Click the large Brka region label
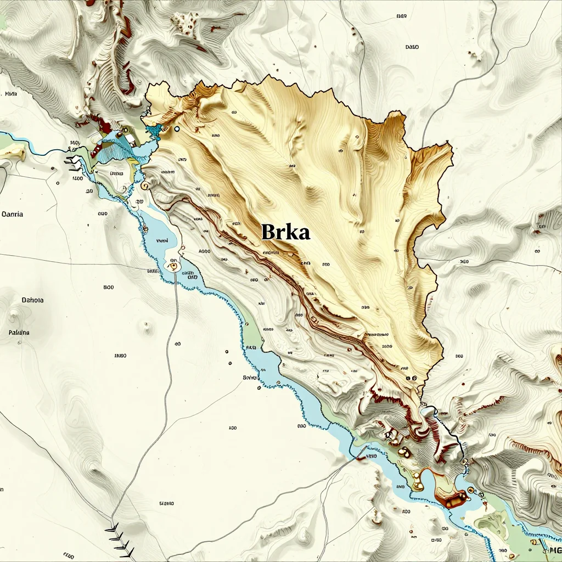[285, 232]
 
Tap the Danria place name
[13, 214]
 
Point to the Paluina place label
[19, 333]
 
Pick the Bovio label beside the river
[250, 378]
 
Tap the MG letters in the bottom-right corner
[554, 550]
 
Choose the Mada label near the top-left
[10, 94]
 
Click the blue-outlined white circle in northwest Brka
[177, 130]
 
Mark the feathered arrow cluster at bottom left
[120, 538]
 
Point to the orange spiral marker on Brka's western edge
[145, 187]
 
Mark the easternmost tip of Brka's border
[453, 156]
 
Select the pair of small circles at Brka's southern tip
[411, 378]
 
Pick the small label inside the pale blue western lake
[162, 240]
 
